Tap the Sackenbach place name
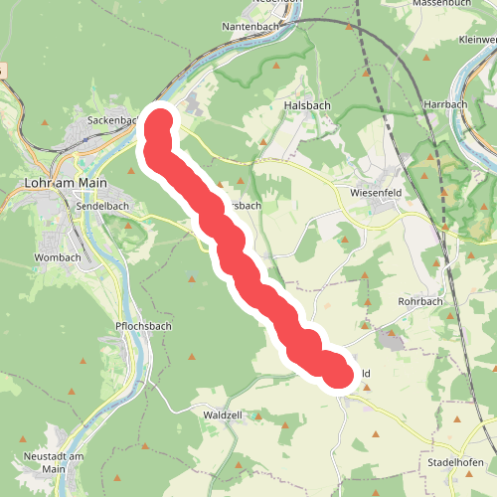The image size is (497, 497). tap(111, 120)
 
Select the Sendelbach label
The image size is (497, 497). tap(97, 205)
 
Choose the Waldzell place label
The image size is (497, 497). tap(224, 414)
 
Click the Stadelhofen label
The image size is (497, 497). tap(455, 463)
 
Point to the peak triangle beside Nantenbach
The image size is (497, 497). tap(276, 66)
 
